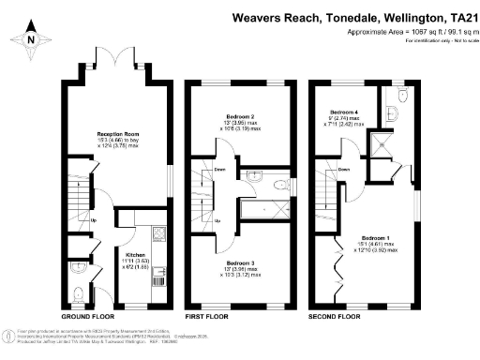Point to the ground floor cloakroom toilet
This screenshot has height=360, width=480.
(80, 292)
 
